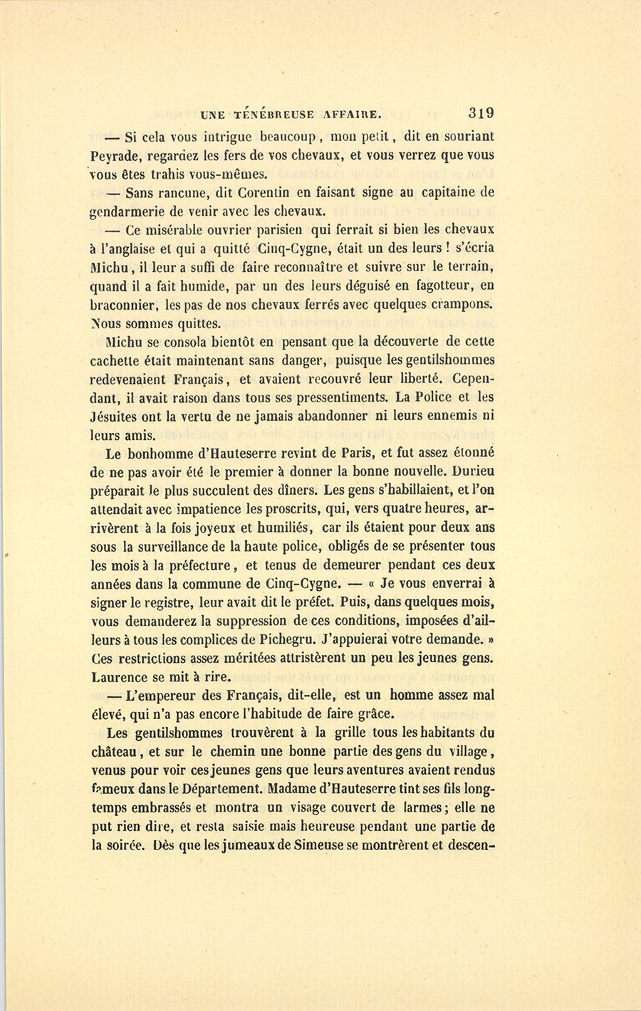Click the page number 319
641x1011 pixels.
(x=481, y=112)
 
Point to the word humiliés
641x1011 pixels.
(x=279, y=528)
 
